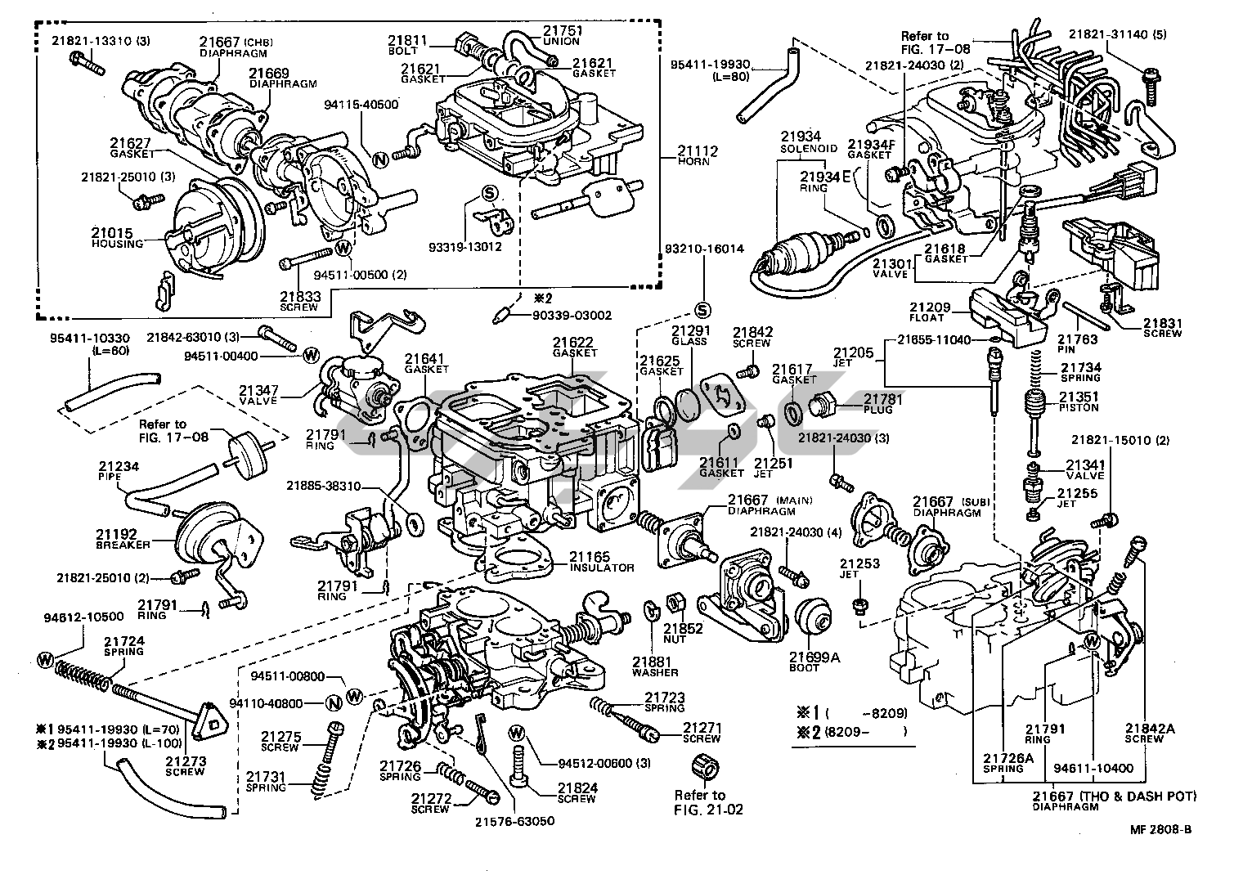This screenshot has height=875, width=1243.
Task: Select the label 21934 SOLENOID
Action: (x=808, y=141)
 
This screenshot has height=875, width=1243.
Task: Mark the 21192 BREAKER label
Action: (x=123, y=539)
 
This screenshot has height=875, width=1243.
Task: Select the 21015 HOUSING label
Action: (x=117, y=238)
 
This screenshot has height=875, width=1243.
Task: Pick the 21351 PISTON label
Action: (x=1079, y=402)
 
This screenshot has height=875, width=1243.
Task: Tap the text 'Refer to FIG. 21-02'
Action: (x=699, y=802)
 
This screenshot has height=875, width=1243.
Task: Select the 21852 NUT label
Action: (x=683, y=633)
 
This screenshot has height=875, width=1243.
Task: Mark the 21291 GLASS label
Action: (x=689, y=336)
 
